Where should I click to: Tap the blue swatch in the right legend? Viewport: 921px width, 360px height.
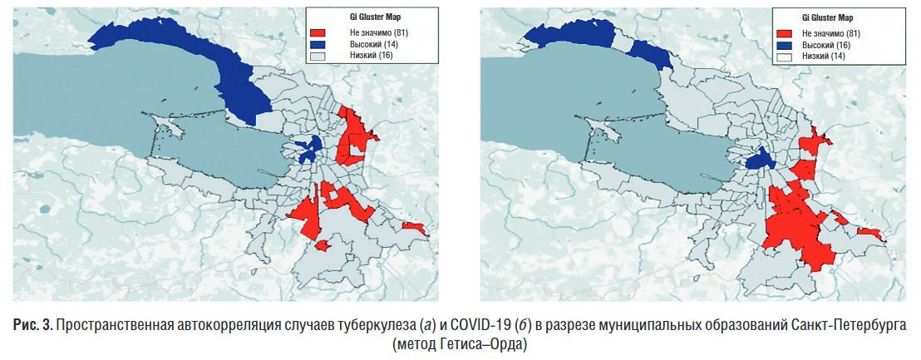click(x=784, y=44)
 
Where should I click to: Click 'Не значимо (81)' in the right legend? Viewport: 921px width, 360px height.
click(x=831, y=32)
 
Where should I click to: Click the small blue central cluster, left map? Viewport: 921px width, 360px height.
click(x=308, y=150)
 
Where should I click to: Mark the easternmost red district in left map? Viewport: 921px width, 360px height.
click(x=414, y=227)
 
